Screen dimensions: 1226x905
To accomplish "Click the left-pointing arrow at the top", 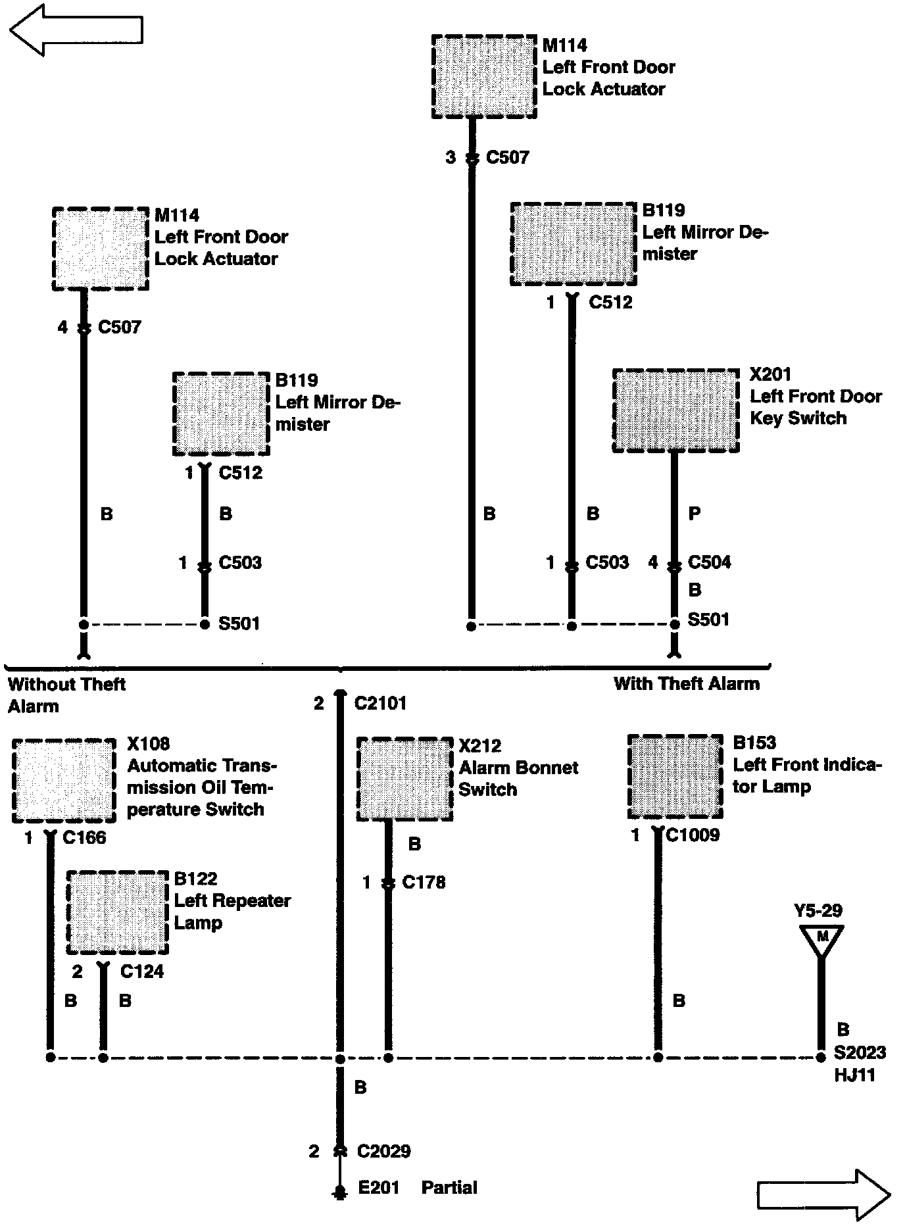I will coord(76,30).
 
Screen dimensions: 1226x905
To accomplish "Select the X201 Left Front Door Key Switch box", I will coord(675,410).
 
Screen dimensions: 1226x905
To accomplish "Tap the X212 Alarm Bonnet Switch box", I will coord(404,779).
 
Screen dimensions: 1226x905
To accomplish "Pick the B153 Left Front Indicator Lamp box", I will coord(675,777).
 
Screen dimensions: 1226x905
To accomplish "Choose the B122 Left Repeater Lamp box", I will coord(117,912).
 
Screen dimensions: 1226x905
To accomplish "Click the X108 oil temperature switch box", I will coord(64,781).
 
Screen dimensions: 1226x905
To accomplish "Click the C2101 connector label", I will coord(380,704).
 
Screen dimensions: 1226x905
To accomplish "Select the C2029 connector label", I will coord(383,1151).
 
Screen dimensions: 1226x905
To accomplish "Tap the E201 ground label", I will coord(378,1187).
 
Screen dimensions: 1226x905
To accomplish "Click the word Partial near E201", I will coord(449,1187).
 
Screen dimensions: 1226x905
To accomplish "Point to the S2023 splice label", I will coord(860,1053).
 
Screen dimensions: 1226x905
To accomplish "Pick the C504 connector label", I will coord(709,562).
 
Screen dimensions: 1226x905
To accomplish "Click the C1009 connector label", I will coord(693,835).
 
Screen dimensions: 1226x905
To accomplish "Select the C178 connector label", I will coord(424,882).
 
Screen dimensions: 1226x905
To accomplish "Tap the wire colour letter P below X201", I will coord(694,514).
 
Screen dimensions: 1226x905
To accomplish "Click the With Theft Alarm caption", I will coord(686,684).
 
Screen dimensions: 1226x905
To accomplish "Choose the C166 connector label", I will coord(84,838).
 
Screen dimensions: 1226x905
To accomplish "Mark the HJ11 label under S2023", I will coord(854,1075).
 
